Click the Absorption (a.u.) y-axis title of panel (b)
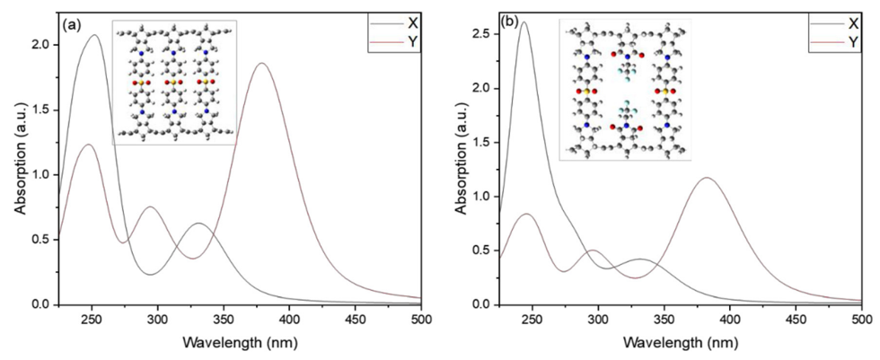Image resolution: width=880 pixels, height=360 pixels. tap(460, 162)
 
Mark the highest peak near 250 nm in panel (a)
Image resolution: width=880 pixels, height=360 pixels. tap(94, 36)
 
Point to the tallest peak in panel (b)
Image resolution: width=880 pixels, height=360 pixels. tap(524, 22)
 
